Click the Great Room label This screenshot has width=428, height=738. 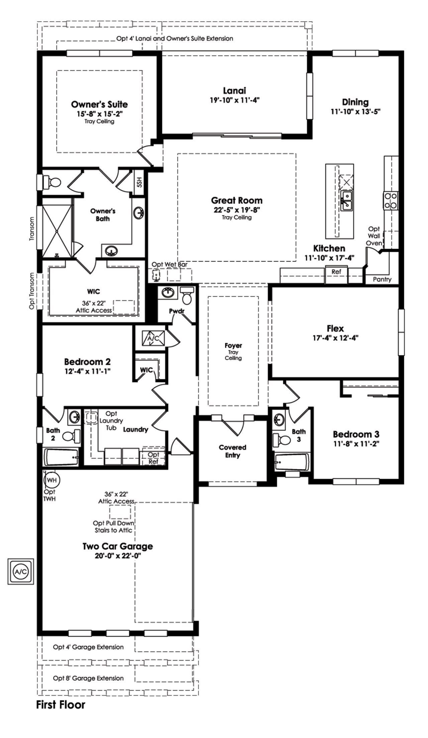click(237, 201)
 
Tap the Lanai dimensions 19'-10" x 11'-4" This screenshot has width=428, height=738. click(234, 100)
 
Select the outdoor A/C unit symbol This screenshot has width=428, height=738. click(21, 571)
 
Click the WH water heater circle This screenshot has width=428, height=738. click(51, 480)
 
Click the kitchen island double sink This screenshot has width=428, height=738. click(347, 201)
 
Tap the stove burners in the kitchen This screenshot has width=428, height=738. click(391, 200)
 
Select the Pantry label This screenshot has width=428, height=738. click(382, 279)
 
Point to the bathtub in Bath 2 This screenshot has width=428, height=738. click(62, 457)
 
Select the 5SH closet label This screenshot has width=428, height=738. click(139, 183)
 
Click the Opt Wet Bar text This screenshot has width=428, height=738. click(170, 265)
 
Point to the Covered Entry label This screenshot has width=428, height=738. click(233, 451)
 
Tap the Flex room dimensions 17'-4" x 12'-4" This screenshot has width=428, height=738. click(335, 338)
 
